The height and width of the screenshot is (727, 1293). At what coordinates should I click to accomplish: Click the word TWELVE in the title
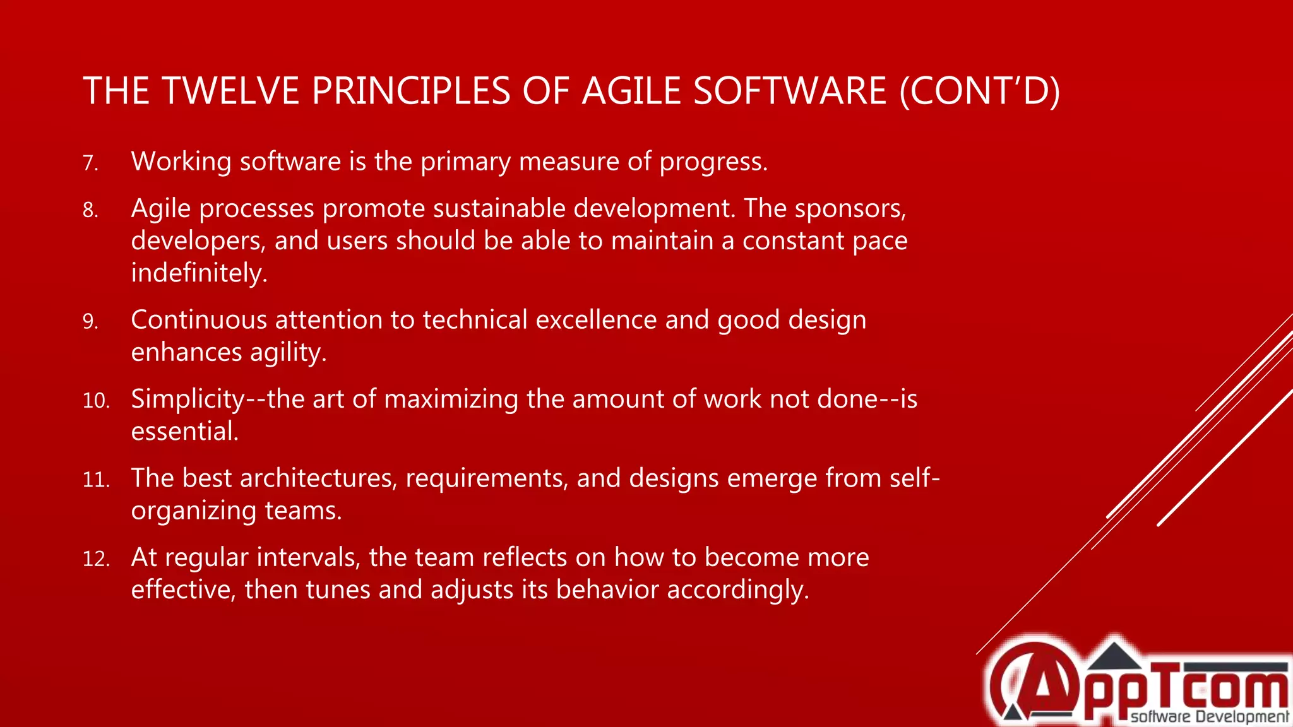coord(230,91)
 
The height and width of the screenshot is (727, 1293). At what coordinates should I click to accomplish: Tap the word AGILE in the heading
coord(632,91)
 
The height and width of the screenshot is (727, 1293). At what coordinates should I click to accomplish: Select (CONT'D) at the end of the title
coord(979,91)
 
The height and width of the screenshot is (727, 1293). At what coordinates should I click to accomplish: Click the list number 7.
coord(90,163)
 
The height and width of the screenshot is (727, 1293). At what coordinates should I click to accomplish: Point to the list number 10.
coord(96,401)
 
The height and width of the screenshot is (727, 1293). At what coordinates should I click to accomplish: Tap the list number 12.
coord(96,559)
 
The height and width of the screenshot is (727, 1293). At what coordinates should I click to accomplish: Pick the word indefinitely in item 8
coord(199,273)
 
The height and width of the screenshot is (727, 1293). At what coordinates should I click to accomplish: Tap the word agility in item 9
coord(288,353)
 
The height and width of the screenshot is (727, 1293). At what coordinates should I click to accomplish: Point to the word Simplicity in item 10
coord(188,399)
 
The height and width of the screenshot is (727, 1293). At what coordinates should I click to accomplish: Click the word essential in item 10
coord(184,432)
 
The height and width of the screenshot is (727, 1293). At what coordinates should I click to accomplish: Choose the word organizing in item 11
coord(193,511)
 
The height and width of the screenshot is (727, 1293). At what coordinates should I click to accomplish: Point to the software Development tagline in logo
coord(1208,717)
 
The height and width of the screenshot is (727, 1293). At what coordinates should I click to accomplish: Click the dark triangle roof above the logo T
coord(1114,656)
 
